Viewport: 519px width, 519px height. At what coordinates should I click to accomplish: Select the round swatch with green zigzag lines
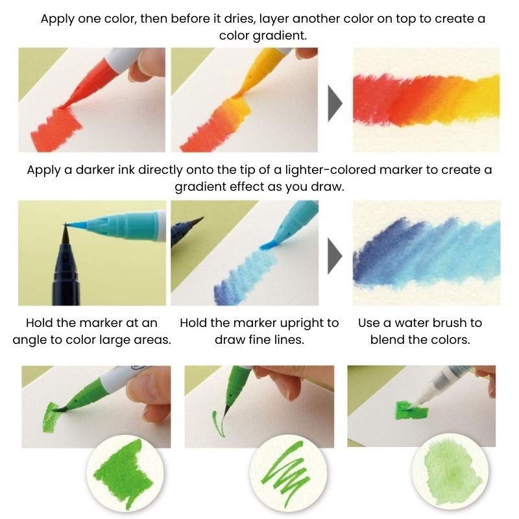(283, 469)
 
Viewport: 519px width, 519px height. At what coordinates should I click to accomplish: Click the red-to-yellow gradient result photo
(426, 100)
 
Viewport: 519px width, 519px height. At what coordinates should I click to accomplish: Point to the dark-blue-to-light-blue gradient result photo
(426, 252)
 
